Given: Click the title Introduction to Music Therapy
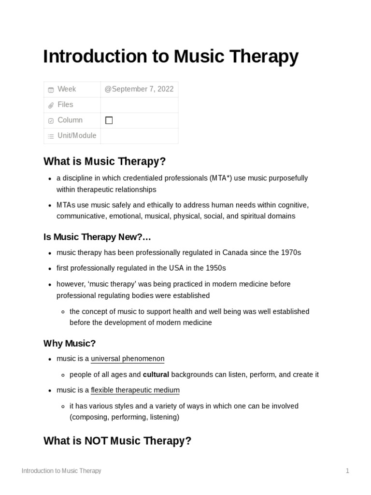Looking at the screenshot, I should (171, 57).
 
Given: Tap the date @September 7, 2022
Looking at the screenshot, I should (139, 89).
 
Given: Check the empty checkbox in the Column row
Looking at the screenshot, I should (109, 120).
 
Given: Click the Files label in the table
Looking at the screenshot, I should (65, 105).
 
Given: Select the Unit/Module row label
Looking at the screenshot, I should (77, 136).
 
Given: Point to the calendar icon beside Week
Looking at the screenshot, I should (51, 90).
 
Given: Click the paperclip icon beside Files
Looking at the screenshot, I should (51, 105).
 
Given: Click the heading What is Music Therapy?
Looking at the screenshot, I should (105, 161).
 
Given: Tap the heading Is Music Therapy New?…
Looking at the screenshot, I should (97, 237).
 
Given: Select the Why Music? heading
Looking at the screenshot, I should (70, 343).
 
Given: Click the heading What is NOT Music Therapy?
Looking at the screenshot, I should (117, 441).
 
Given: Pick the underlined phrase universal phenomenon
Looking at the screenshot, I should (128, 359).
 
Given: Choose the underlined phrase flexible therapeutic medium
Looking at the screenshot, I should (135, 390).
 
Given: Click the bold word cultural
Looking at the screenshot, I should (156, 375).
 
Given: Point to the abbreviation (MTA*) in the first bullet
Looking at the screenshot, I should (221, 178).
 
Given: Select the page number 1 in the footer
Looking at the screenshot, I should (347, 471).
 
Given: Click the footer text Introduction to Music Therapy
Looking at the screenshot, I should (61, 471).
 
